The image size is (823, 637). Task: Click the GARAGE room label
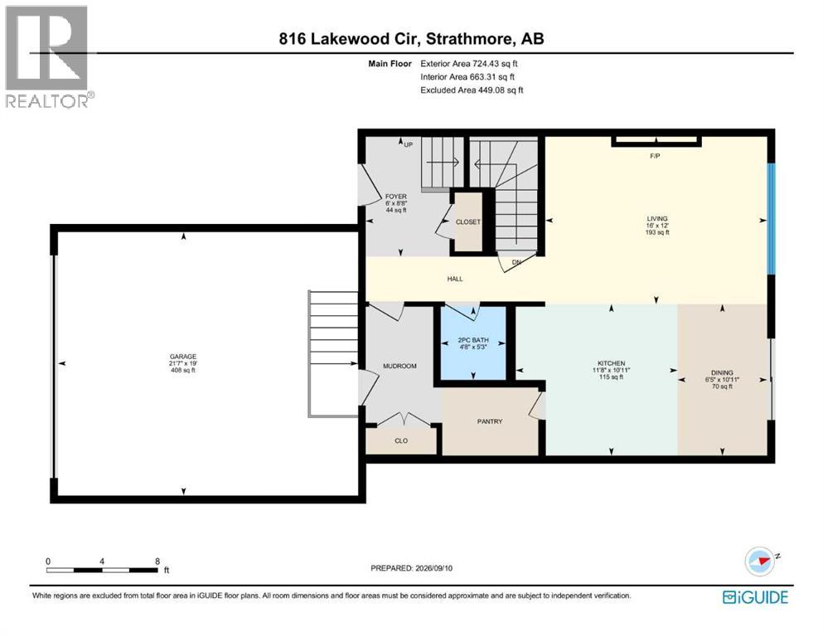point(182,357)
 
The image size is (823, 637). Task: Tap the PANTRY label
point(490,421)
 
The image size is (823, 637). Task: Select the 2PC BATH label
point(473,340)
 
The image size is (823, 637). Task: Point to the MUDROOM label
point(399,366)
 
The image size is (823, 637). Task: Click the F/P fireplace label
point(655,156)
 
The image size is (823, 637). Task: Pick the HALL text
point(455,279)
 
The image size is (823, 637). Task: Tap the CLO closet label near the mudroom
point(401,440)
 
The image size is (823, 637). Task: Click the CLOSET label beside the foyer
point(467,222)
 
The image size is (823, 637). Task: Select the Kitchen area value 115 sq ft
point(612,377)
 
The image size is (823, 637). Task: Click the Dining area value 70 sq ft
point(722,386)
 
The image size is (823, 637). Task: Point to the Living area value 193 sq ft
point(657,232)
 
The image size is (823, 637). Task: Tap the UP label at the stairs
point(409,144)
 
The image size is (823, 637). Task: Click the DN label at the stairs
point(516,262)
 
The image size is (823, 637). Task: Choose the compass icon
point(760,562)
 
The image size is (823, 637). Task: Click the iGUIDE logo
point(755,597)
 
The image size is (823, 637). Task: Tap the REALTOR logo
point(50,56)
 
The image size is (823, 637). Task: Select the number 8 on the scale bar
point(157,562)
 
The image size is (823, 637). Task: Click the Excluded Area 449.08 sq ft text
point(472,90)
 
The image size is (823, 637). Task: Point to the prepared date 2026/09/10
point(433,568)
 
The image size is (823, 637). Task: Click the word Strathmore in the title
point(470,39)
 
